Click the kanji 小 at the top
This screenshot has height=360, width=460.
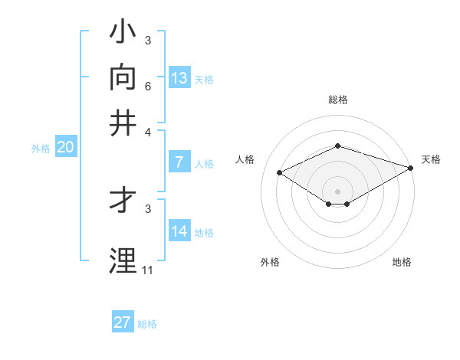pos(123,32)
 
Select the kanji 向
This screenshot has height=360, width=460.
pos(123,77)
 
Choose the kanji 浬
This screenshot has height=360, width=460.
pos(123,260)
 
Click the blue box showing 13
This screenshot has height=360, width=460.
pos(179,78)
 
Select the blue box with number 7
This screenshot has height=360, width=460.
pos(179,162)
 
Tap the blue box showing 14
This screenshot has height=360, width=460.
pos(179,231)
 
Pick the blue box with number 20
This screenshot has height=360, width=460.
pos(65,148)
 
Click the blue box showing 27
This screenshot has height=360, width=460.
pos(123,322)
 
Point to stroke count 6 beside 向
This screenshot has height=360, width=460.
pos(147,86)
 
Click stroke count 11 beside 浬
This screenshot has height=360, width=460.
pos(147,270)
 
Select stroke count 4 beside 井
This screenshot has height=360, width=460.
pos(147,131)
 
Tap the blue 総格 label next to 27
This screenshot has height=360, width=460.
pos(147,324)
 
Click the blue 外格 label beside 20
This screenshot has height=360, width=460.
pos(41,149)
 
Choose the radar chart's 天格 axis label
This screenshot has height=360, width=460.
pos(431,159)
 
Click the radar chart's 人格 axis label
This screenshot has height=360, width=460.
pos(245,159)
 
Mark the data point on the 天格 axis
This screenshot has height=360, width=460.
pos(412,168)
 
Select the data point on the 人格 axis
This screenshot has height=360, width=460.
pos(280,173)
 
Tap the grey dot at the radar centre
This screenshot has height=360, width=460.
pos(338,191)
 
